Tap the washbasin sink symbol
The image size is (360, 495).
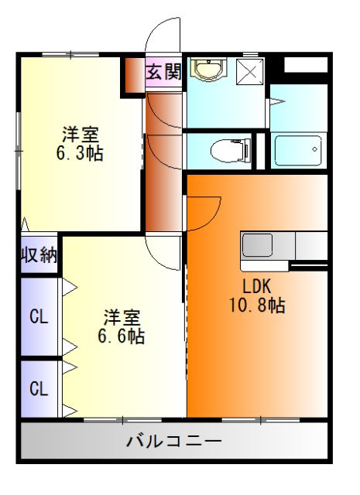(206, 70)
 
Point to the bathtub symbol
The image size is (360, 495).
(298, 150)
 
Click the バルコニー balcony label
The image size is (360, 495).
(174, 443)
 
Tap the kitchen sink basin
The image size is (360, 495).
(257, 244)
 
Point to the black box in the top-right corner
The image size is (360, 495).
(305, 64)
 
